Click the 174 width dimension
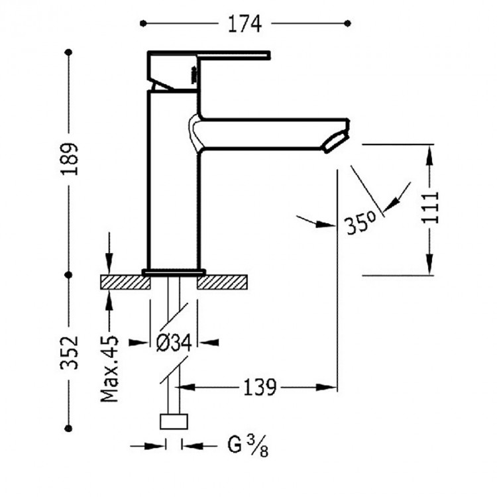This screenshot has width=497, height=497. [x=245, y=24]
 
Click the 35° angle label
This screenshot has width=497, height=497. [x=360, y=225]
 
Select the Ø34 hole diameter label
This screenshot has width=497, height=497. [x=175, y=343]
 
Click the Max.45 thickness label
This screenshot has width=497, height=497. [x=110, y=368]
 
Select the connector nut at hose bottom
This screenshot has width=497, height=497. [x=174, y=422]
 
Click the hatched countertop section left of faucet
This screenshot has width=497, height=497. [x=125, y=282]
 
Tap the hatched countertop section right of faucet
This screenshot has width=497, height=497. [x=223, y=282]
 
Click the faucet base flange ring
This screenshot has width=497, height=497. [x=174, y=271]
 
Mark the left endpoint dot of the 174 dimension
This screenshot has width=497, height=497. [x=142, y=23]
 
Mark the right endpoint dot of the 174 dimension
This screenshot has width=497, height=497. [x=347, y=23]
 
